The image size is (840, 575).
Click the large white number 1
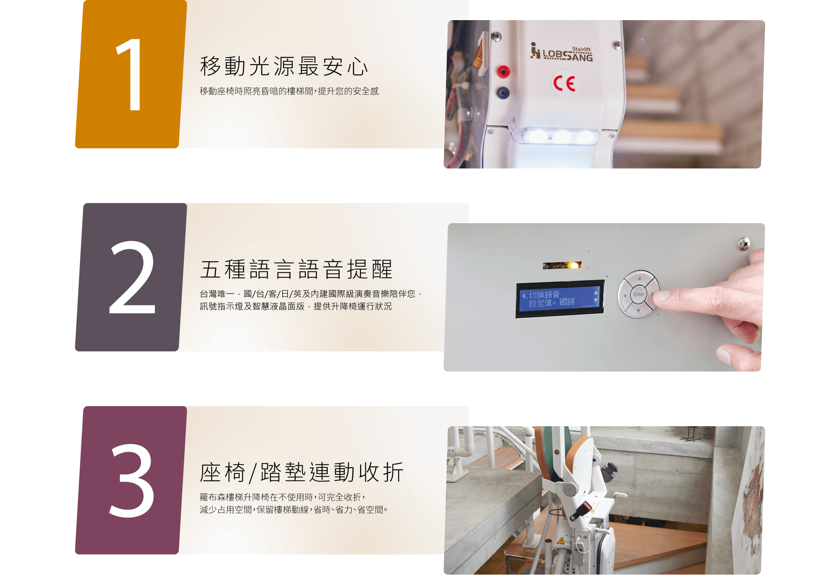130,74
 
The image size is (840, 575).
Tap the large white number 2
132,277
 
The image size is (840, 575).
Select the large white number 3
132,480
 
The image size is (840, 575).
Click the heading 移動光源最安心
284,67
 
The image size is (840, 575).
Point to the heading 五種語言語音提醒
296,270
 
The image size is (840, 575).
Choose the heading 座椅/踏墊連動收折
301,473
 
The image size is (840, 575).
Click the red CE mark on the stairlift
564,83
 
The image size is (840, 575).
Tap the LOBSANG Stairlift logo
561,52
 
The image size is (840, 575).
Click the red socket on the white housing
504,71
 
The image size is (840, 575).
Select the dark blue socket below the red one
503,92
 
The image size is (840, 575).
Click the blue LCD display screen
560,299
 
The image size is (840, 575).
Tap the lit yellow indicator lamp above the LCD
573,265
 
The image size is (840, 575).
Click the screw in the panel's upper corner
744,243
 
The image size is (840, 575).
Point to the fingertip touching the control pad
661,296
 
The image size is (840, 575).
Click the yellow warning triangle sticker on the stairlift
560,541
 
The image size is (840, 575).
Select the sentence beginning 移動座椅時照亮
289,91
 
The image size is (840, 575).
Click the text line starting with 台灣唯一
311,294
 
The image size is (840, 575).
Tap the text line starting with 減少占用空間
294,509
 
